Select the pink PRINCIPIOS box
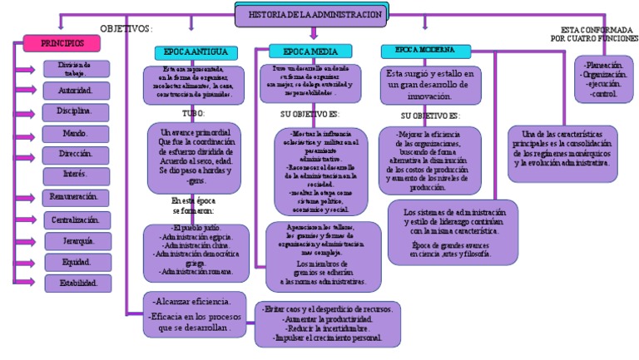coord(62,42)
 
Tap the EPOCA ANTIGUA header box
coord(196,52)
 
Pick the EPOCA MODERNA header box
coord(425,51)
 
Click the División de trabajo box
coord(74,68)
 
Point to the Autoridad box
coord(75,90)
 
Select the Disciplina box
coord(75,111)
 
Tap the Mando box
coord(75,133)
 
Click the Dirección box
coord(75,155)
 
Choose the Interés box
coord(75,175)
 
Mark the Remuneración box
coord(75,198)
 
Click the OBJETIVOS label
coord(126,28)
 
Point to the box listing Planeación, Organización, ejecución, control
coord(606,79)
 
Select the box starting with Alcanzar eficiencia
coord(196,312)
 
